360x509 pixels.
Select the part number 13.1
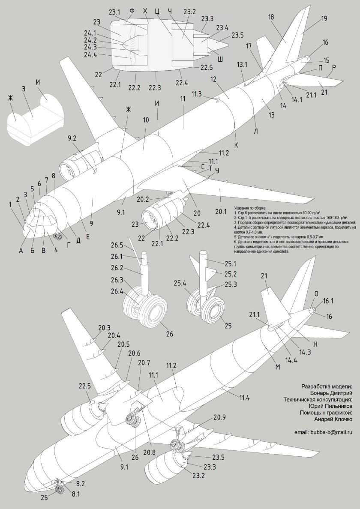coord(243,64)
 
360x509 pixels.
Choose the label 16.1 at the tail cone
coord(328,301)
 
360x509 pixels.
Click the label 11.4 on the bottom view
coord(244,398)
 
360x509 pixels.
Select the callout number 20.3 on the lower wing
coord(104,328)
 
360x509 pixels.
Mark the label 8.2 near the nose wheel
coord(81,484)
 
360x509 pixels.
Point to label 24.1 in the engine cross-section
coord(90,33)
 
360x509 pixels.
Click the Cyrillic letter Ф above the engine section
coord(132,10)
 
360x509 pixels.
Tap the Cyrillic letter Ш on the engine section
coord(221,59)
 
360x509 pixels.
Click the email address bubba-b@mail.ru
coord(323,433)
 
